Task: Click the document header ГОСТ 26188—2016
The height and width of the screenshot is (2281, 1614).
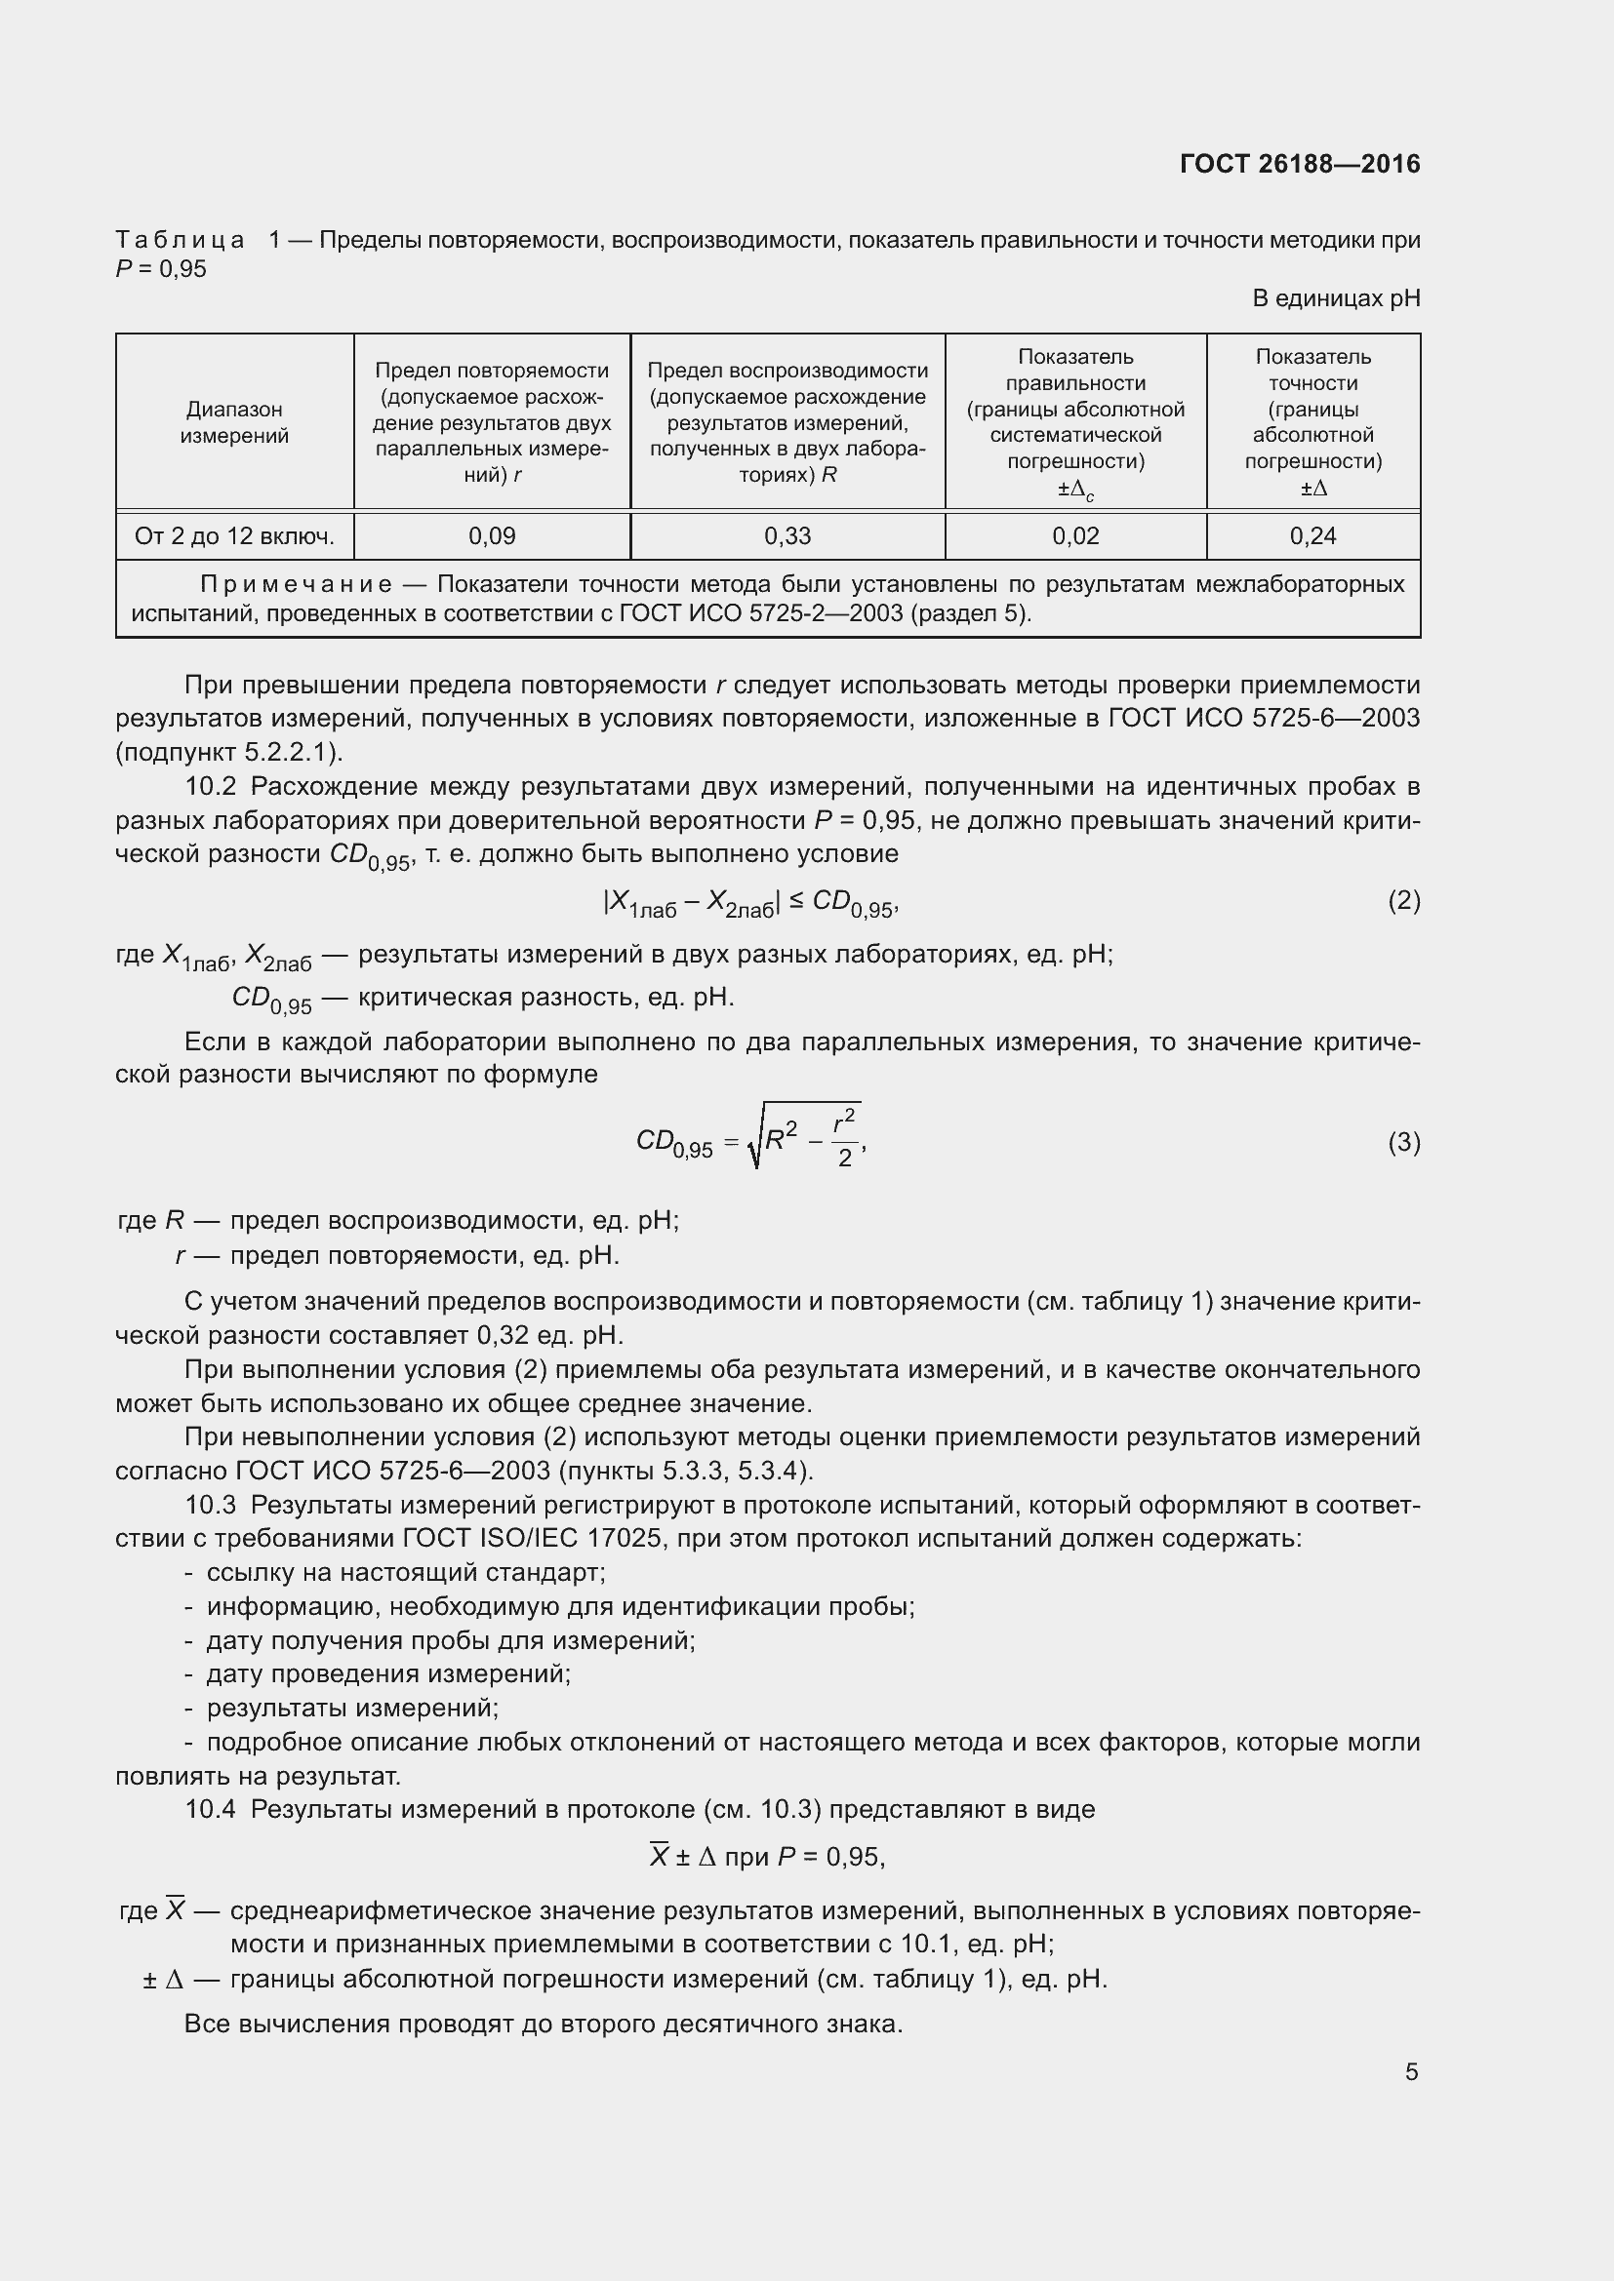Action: [1300, 164]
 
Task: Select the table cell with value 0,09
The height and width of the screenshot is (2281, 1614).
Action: [492, 536]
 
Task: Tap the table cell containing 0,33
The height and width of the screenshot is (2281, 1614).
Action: [787, 536]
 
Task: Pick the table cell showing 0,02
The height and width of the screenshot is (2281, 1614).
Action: [1075, 536]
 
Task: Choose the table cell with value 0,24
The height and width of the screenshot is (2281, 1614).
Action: [1312, 536]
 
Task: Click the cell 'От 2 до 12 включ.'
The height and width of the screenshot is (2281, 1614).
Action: [234, 536]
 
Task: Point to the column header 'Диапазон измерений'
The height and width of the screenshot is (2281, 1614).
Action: [234, 422]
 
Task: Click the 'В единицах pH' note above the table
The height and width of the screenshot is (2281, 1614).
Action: [1336, 298]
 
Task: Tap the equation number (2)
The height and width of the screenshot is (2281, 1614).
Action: [1403, 901]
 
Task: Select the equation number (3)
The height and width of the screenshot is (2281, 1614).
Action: [1403, 1143]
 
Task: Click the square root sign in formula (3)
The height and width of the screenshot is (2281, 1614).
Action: [756, 1143]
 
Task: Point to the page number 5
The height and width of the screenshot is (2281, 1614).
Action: [1411, 2071]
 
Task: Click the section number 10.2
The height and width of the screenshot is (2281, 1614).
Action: [210, 787]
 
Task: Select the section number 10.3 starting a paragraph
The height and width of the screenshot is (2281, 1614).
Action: [210, 1506]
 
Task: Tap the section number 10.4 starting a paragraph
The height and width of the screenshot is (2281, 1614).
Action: [210, 1809]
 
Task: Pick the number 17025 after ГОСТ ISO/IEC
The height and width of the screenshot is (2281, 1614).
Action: [625, 1539]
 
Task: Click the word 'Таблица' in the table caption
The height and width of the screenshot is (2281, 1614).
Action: [180, 240]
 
